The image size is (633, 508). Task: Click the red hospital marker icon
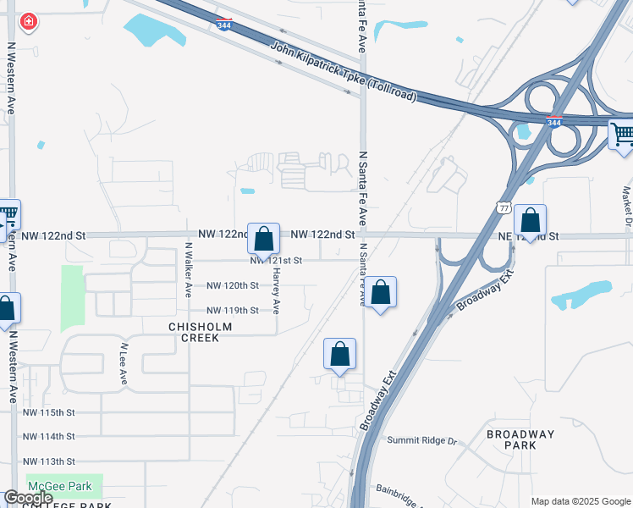[28, 21]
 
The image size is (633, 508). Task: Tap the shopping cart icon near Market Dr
[623, 134]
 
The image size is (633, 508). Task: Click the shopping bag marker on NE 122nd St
[530, 222]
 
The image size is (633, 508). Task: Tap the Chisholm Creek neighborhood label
[194, 331]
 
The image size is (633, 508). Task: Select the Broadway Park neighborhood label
[520, 439]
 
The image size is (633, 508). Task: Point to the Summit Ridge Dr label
[421, 441]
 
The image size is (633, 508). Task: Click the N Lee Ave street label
[124, 364]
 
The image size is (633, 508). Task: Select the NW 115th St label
[49, 412]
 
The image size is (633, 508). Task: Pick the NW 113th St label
[49, 461]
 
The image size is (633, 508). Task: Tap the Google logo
[28, 498]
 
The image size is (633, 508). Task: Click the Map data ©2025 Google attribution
[580, 501]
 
